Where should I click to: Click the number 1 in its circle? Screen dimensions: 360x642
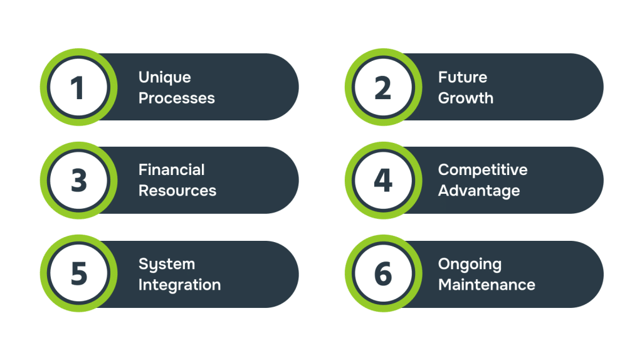click(78, 87)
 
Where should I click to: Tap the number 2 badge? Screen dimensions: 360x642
click(382, 87)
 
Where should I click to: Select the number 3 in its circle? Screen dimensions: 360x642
click(78, 181)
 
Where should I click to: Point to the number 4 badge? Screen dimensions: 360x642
click(382, 181)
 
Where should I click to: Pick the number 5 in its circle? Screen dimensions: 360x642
click(78, 274)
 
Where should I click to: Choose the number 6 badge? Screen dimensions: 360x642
click(382, 274)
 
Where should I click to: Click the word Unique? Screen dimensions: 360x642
click(165, 78)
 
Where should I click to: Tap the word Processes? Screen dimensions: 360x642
click(177, 98)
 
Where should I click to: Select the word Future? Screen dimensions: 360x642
click(463, 78)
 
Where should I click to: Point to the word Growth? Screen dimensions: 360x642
click(466, 98)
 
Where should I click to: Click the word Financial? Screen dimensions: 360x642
click(172, 170)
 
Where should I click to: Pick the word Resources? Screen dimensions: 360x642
click(177, 191)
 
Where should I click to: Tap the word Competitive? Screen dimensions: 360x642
click(483, 170)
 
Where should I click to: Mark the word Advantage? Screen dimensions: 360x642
click(479, 191)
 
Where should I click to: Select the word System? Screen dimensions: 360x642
click(167, 265)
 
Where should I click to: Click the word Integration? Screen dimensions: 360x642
click(179, 285)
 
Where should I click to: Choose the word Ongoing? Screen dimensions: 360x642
click(470, 265)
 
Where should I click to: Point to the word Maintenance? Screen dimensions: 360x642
click(487, 285)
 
